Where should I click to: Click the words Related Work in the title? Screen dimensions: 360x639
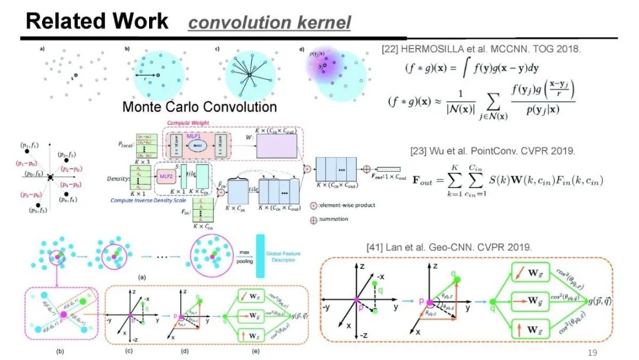[97, 21]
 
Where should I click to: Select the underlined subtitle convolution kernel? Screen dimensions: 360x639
[269, 23]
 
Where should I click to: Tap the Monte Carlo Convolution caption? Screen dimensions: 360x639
[199, 107]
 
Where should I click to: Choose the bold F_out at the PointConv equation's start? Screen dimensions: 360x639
[424, 179]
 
